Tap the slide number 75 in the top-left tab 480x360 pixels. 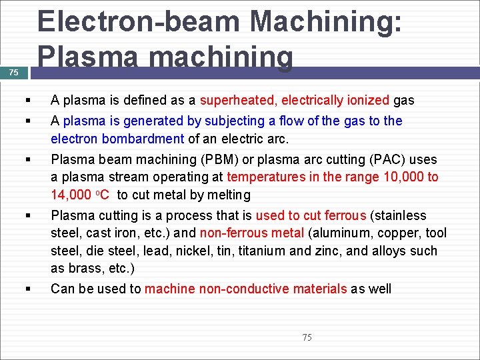14,73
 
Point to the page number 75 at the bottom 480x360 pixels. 307,337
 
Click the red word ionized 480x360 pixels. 366,101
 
